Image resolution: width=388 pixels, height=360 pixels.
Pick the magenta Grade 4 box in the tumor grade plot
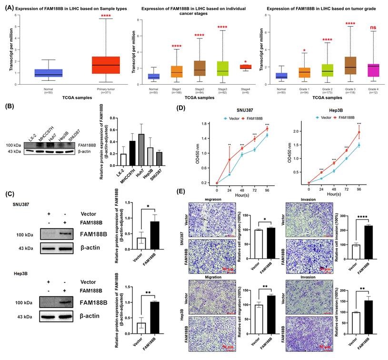(x=359, y=70)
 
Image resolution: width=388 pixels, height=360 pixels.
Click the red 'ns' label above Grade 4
(x=359, y=28)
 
